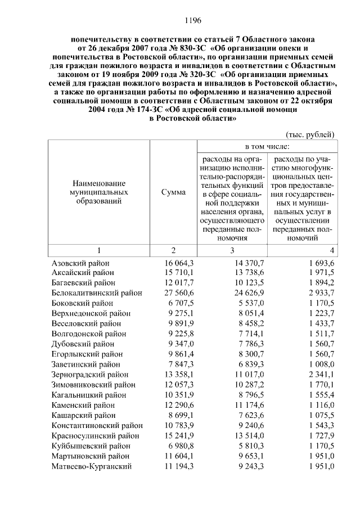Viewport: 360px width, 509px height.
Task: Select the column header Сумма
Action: click(173, 192)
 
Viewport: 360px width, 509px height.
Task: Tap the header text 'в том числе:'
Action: click(267, 147)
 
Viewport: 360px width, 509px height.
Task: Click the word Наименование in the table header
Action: click(98, 184)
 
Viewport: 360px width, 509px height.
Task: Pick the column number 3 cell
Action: click(231, 250)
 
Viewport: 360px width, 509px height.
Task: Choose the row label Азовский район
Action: click(80, 263)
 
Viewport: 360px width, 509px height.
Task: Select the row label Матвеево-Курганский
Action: click(91, 466)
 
